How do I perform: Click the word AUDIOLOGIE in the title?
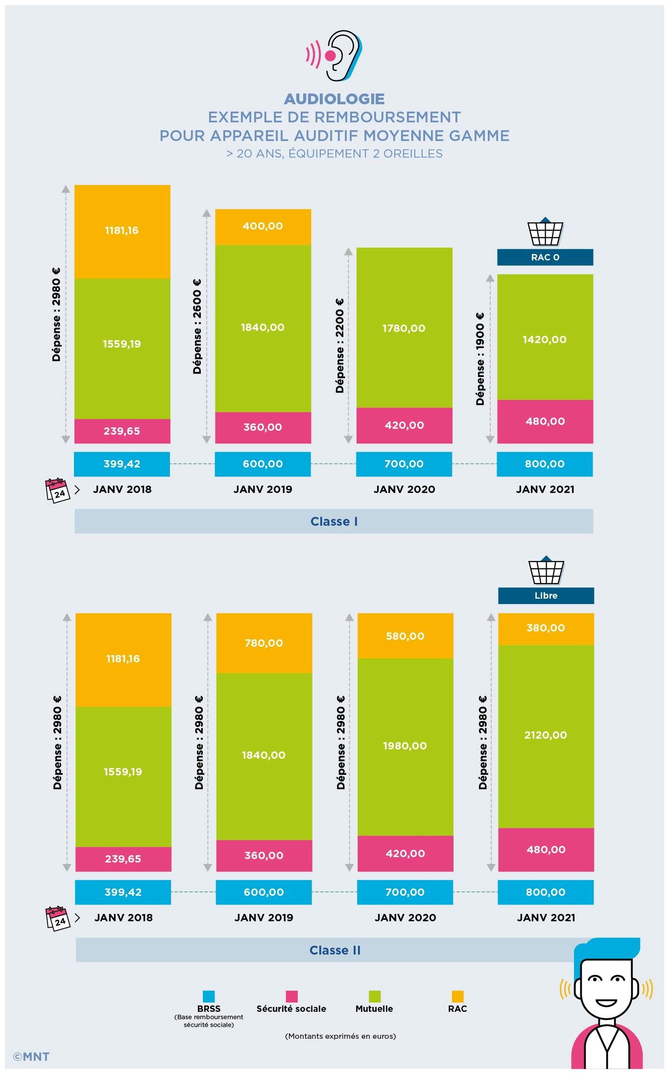click(334, 99)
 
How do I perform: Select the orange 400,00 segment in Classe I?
click(263, 226)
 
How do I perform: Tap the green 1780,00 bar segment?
click(404, 328)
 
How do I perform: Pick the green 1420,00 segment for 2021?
click(545, 339)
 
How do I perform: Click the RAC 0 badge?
click(545, 257)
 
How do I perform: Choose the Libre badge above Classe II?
click(546, 596)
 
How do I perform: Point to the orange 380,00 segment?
click(546, 628)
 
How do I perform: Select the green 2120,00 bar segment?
click(546, 735)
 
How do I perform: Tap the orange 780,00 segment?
click(264, 643)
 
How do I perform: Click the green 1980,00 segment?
click(405, 746)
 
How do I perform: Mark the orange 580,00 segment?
click(405, 636)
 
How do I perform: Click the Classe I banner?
click(334, 521)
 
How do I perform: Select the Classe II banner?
click(335, 950)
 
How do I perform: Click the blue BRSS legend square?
click(209, 997)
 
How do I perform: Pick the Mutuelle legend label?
click(374, 1008)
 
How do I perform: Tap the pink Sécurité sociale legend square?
click(291, 997)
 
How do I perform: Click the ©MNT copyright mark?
click(31, 1056)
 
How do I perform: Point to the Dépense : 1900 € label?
click(480, 359)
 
